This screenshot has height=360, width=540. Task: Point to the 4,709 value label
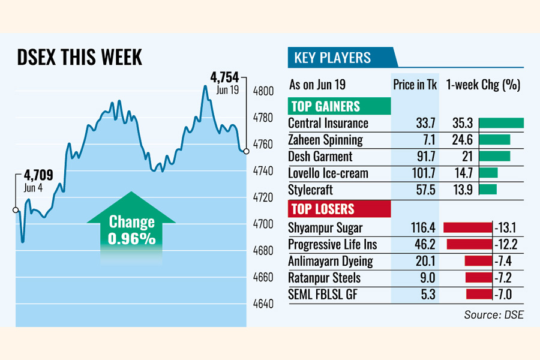(38, 176)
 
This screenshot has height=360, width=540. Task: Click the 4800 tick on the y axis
(264, 91)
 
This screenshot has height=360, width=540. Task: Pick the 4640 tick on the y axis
(264, 304)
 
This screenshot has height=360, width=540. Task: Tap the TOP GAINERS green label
(326, 106)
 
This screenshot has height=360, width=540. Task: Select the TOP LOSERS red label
(322, 209)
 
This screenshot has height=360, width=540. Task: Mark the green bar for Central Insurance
(502, 123)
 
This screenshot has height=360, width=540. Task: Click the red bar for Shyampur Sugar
(467, 228)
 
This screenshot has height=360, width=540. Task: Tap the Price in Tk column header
(415, 85)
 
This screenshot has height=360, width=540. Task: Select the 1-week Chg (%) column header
(483, 85)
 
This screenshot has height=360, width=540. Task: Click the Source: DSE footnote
(493, 314)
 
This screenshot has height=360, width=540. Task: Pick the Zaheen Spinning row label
(325, 140)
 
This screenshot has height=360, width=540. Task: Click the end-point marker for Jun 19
(246, 151)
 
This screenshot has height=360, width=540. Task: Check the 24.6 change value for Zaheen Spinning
(463, 140)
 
